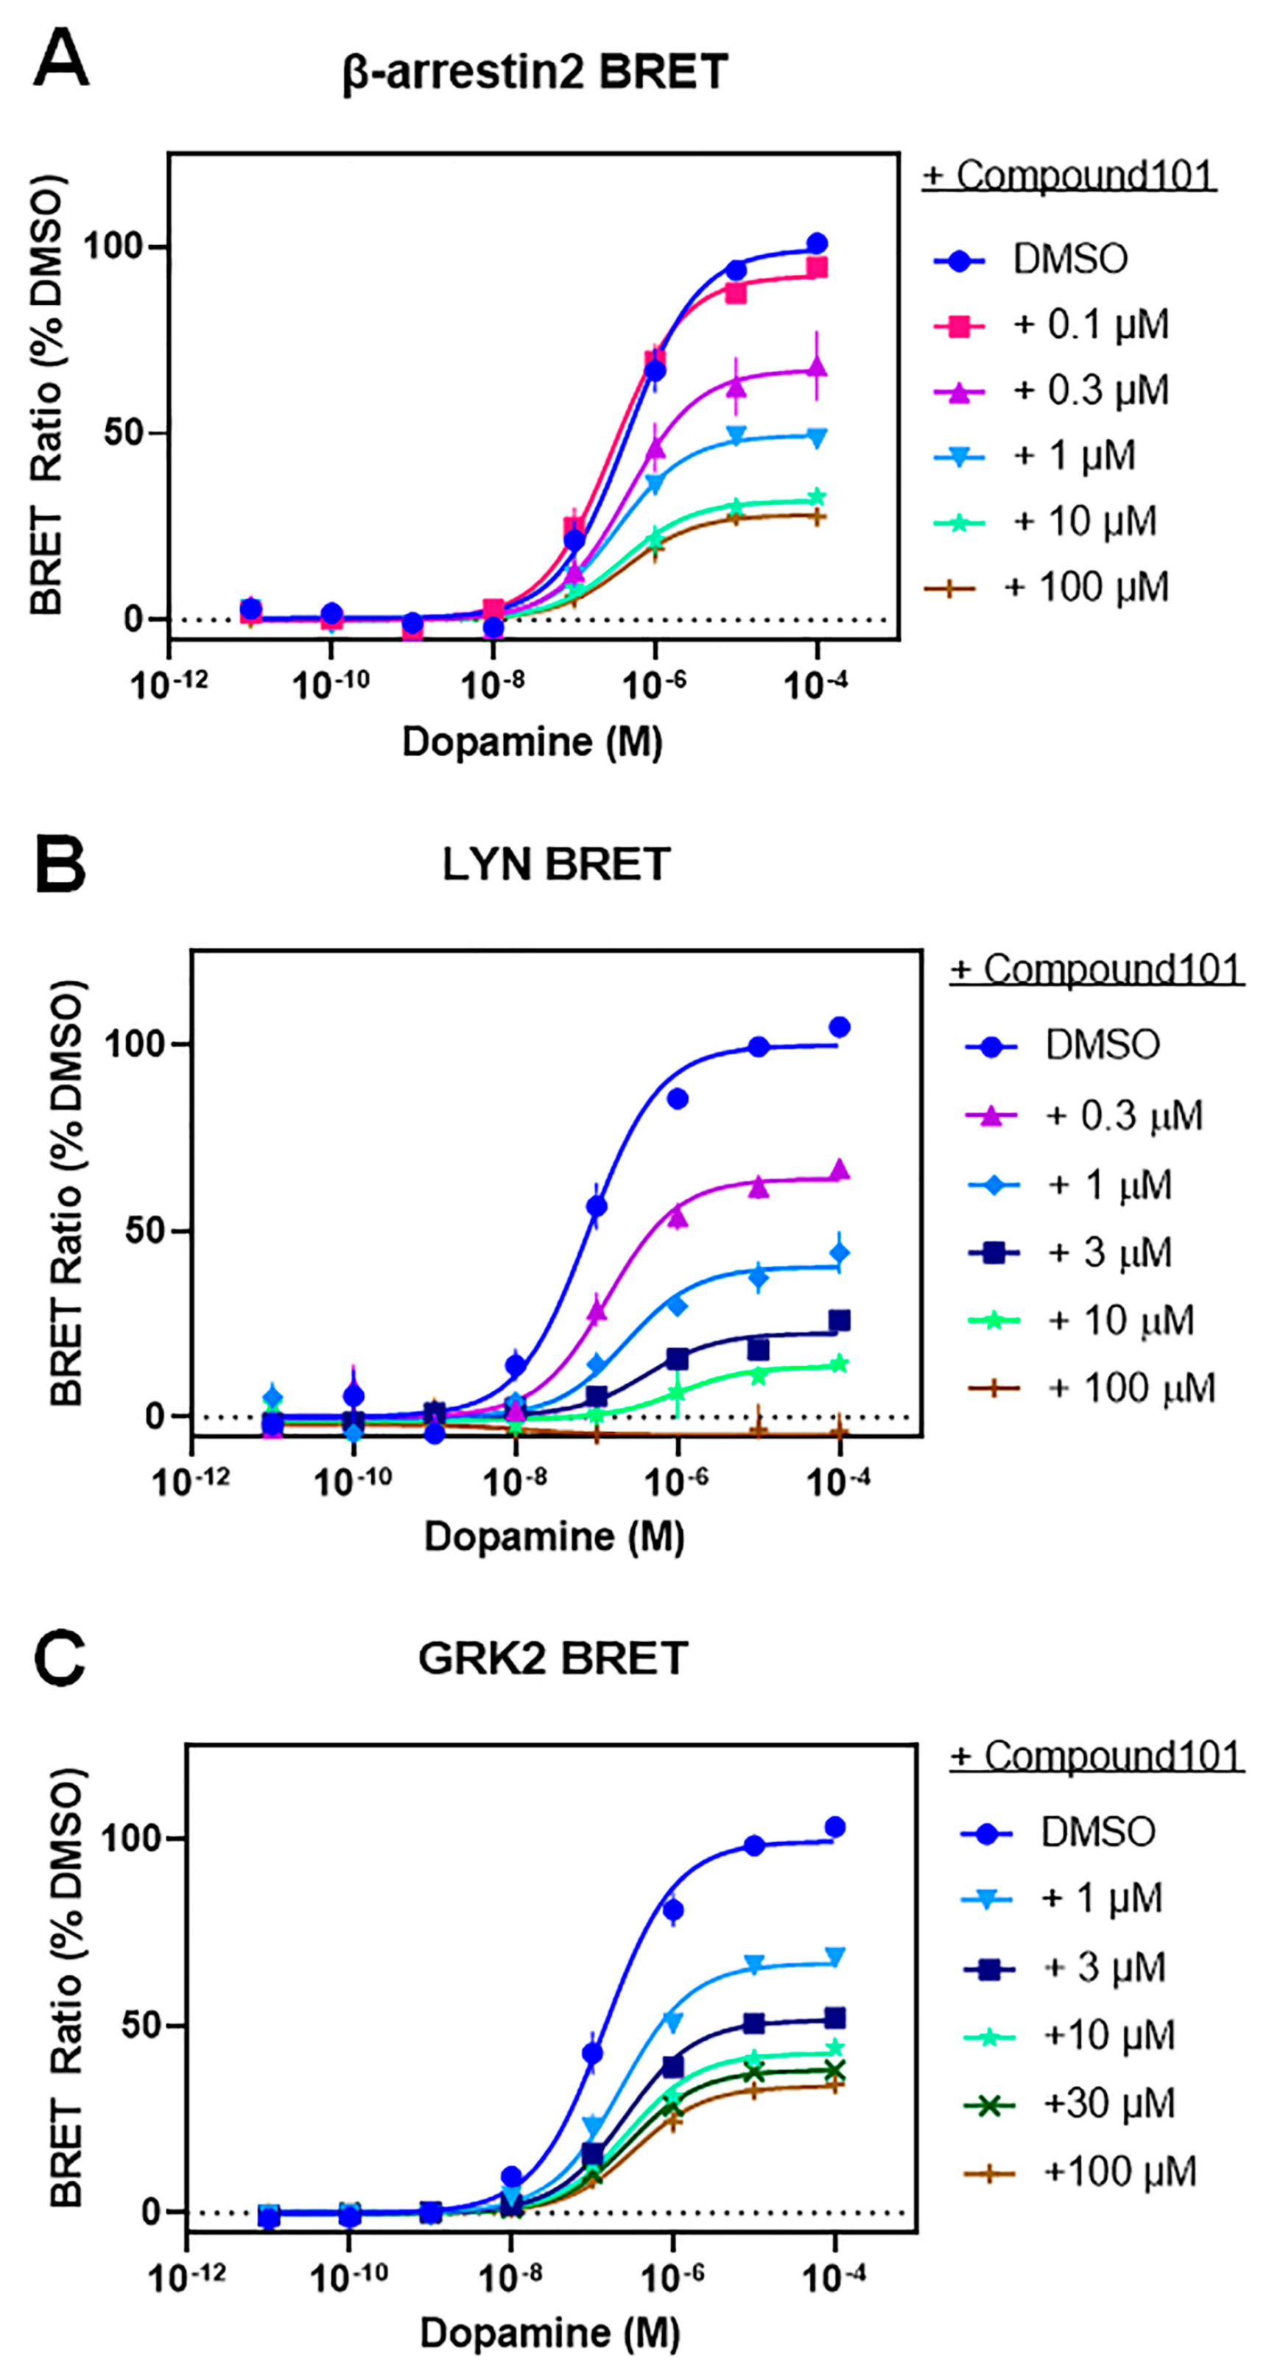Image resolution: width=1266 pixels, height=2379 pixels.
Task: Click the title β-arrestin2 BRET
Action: (535, 73)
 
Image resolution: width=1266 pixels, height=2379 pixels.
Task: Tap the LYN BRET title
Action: (556, 864)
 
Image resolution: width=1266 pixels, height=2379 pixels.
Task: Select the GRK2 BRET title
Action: (552, 1657)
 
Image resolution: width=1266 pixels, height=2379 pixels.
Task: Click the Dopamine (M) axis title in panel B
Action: (554, 1537)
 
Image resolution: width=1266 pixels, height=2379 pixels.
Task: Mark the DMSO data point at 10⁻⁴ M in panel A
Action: (816, 244)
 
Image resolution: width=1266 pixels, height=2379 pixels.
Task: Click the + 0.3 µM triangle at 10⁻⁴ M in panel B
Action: (840, 1171)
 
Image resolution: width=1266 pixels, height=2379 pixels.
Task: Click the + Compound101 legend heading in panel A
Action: (1069, 175)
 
